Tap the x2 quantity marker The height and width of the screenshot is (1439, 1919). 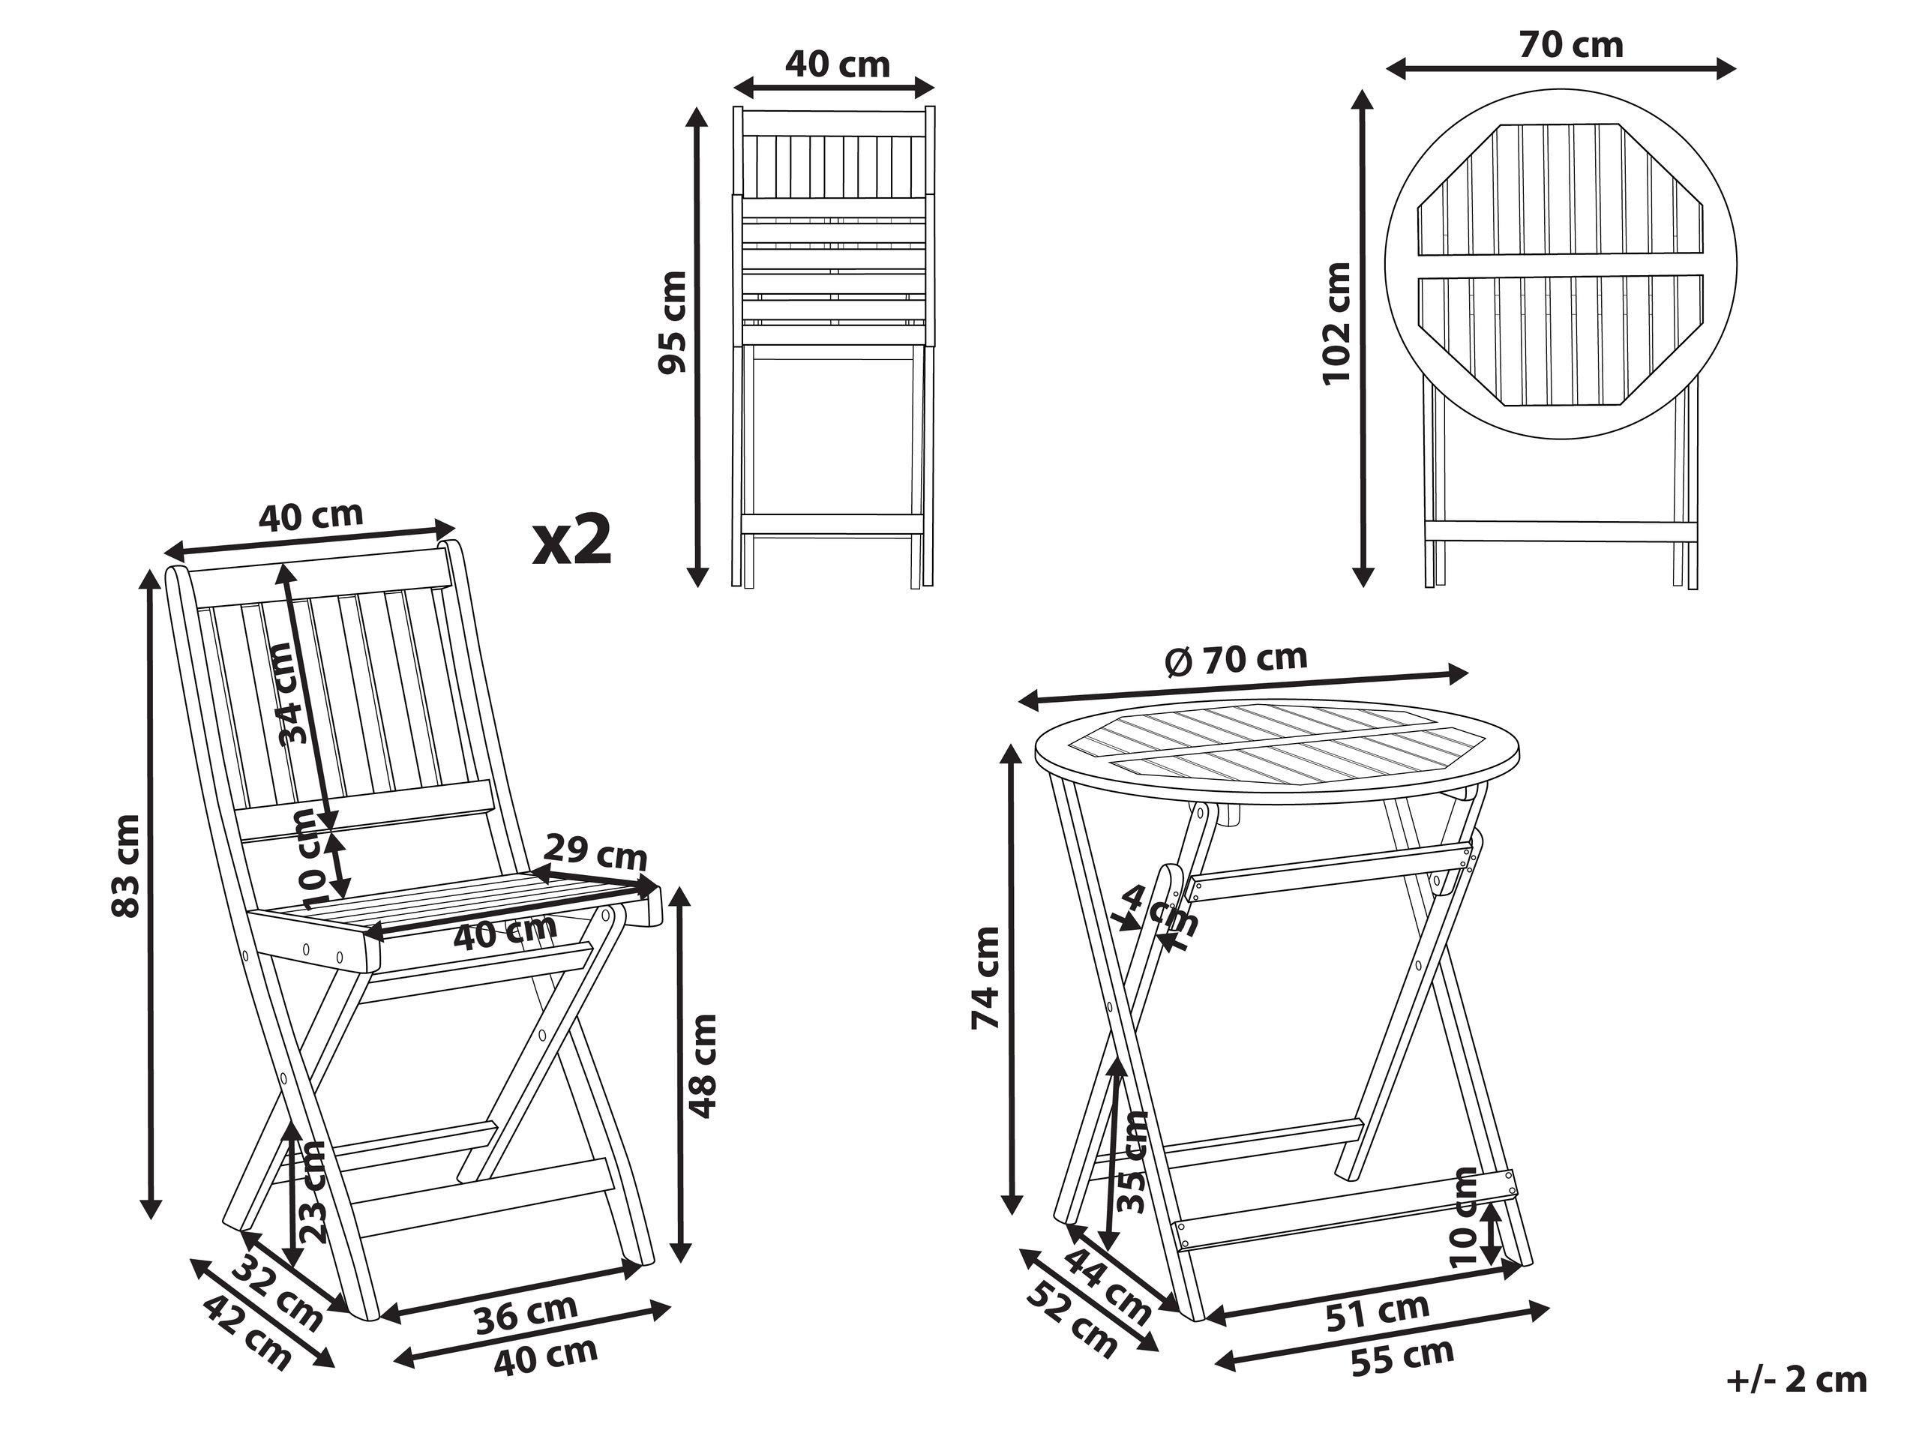(573, 541)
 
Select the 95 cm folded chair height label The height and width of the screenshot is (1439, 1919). (673, 322)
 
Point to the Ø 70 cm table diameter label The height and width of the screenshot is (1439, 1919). (1237, 660)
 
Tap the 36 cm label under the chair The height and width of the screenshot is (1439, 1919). (526, 1313)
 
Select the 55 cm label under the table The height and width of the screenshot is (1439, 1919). (1403, 1357)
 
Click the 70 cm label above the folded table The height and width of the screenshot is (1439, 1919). (1571, 45)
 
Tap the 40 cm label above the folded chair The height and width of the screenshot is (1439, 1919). (837, 64)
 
